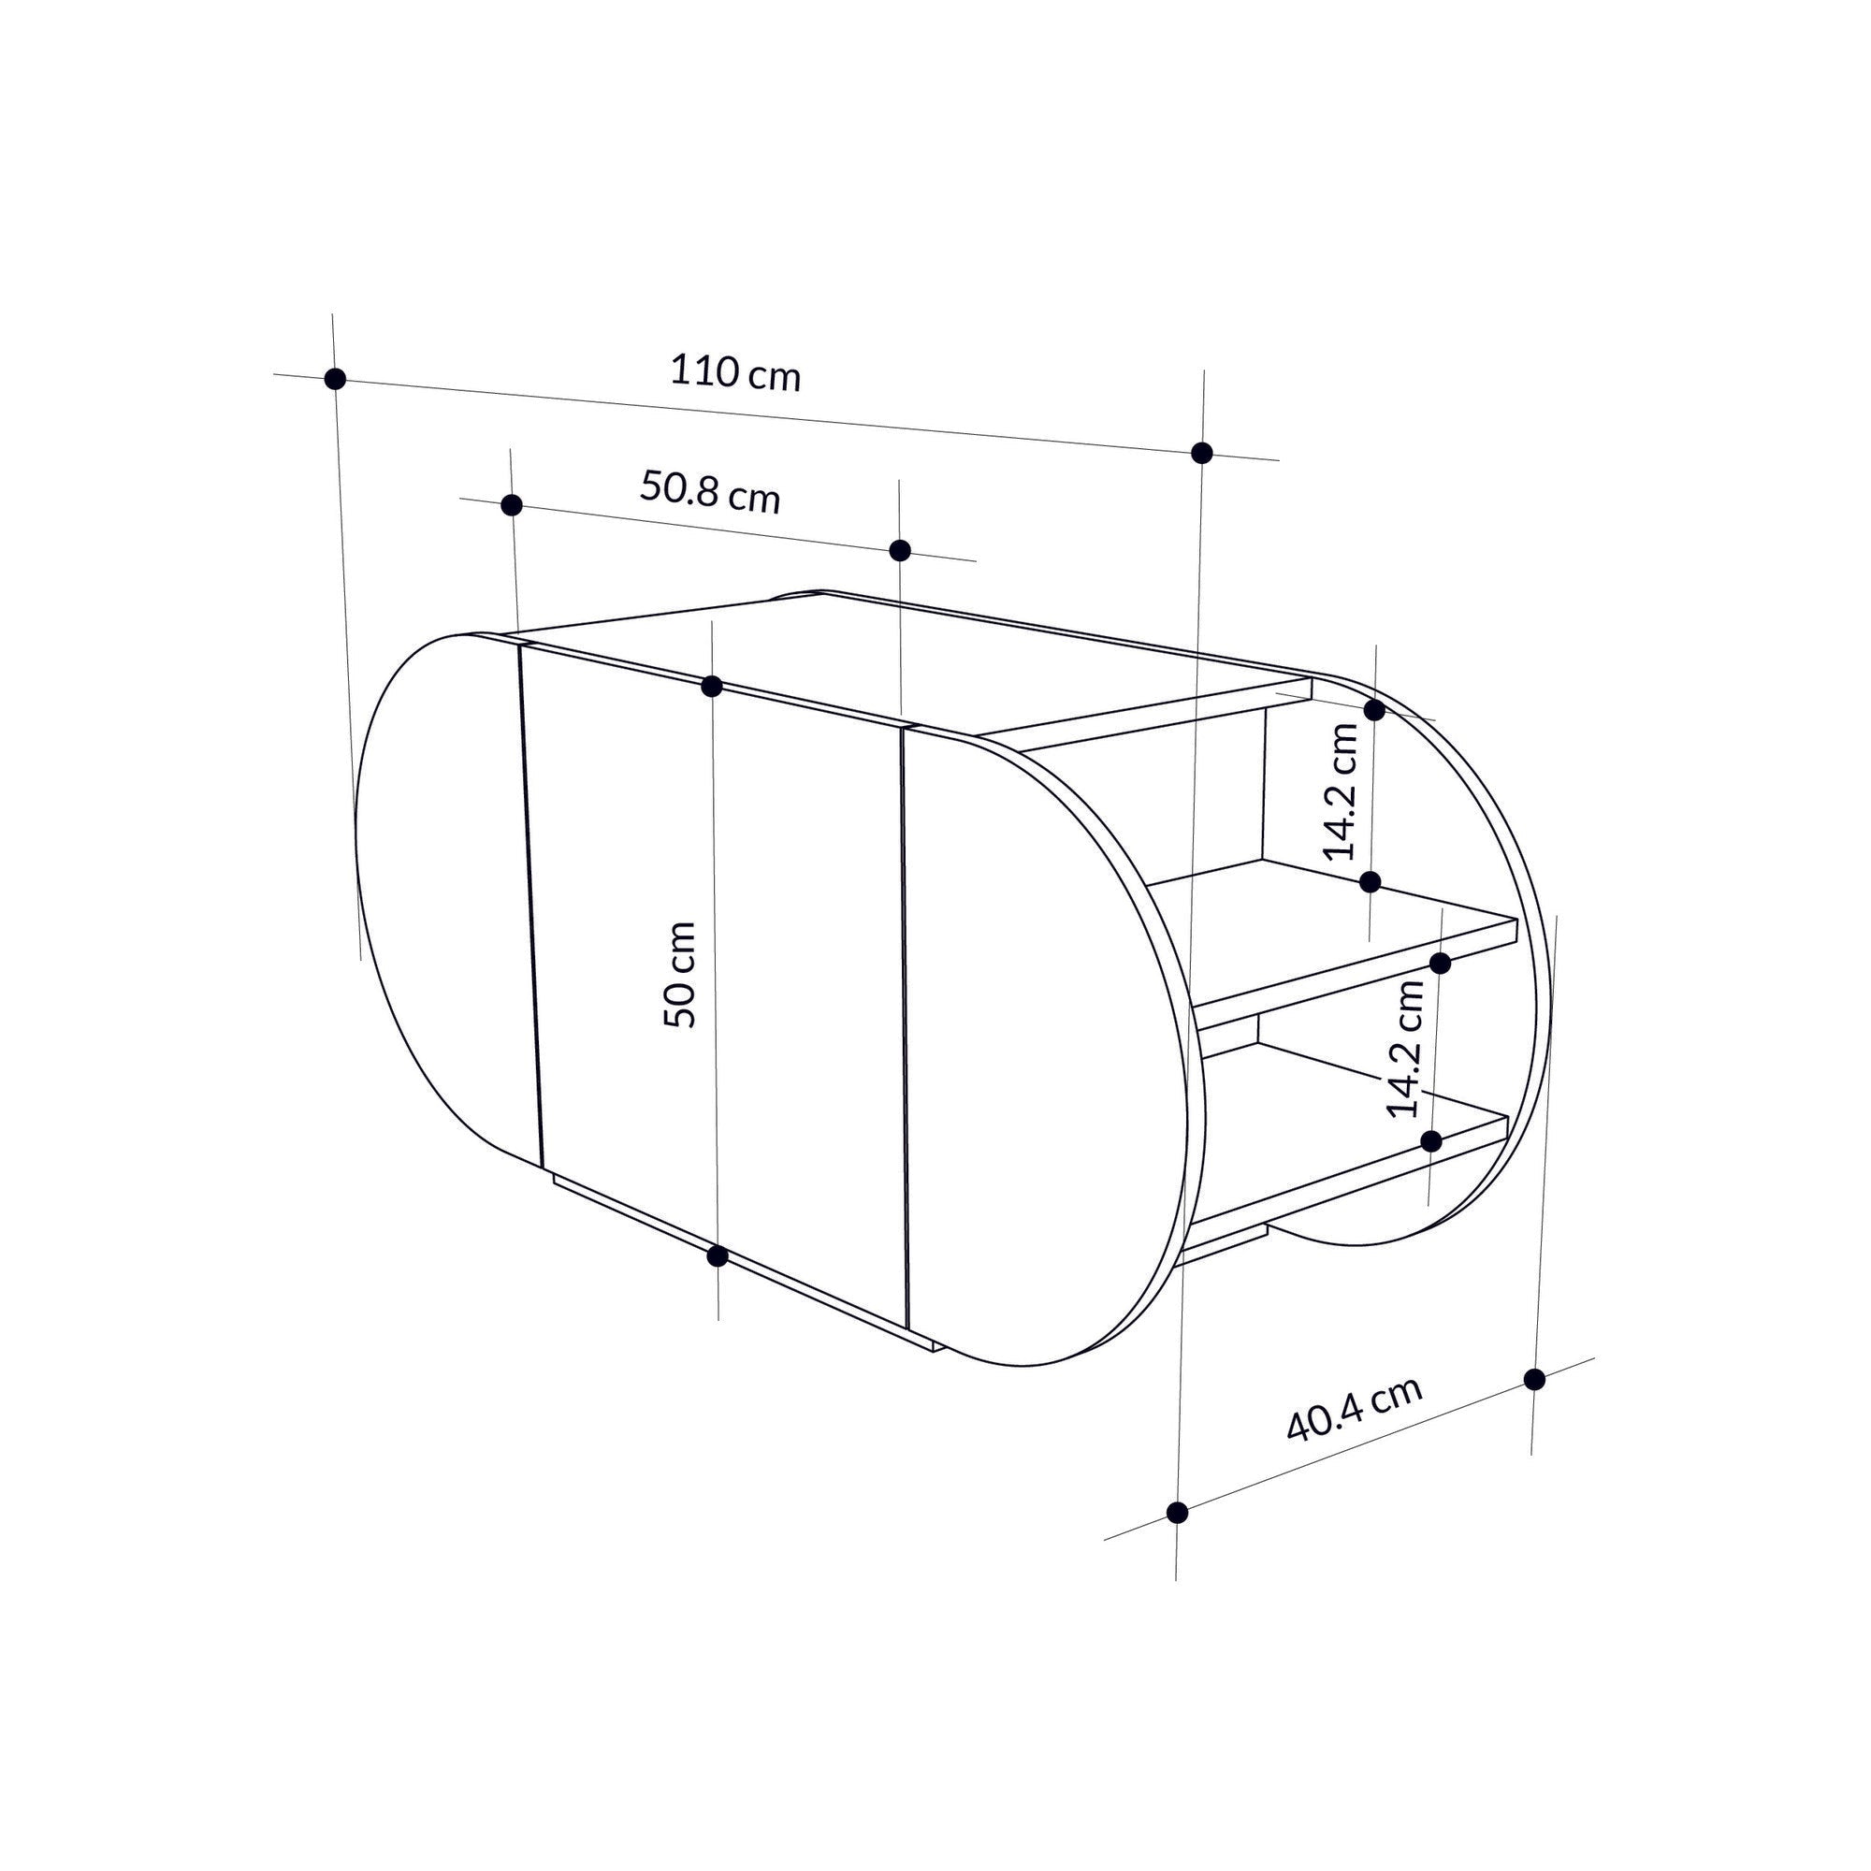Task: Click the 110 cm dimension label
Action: [735, 373]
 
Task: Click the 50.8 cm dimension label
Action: [710, 492]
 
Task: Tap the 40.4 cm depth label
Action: [1354, 1408]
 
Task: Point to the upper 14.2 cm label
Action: [1342, 791]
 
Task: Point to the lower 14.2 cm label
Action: [1405, 1050]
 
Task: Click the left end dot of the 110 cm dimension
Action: [335, 379]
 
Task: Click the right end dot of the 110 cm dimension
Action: [1202, 452]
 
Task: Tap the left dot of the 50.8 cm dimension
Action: [513, 504]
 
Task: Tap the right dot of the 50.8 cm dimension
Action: [900, 550]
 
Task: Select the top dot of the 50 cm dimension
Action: [712, 687]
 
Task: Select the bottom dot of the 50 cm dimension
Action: [718, 1256]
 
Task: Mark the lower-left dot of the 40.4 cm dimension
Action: [1178, 1513]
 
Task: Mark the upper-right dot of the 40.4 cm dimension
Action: [1534, 1379]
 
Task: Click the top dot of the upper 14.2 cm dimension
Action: [1374, 710]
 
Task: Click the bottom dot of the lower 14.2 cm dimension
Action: [1431, 1140]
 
